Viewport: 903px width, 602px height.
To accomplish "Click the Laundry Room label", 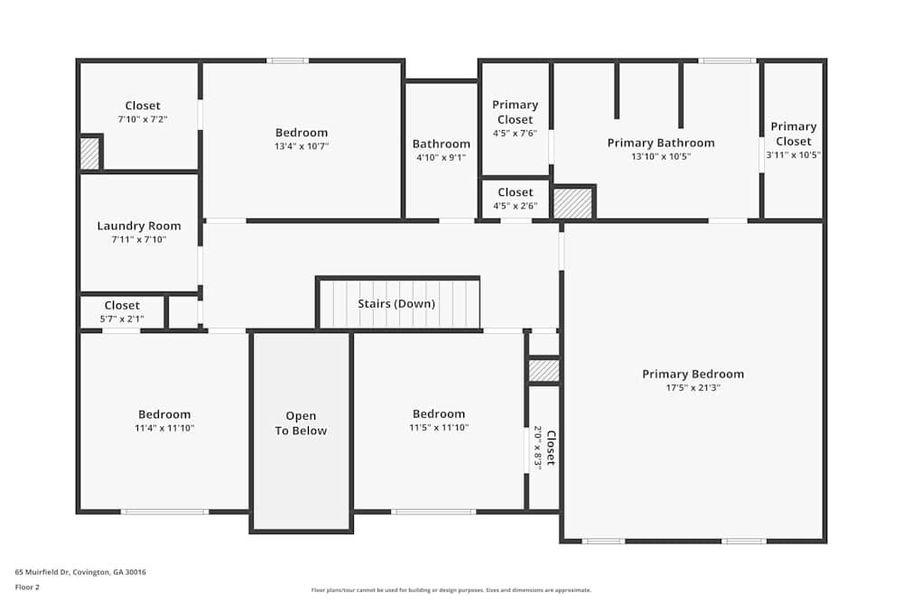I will pyautogui.click(x=139, y=226).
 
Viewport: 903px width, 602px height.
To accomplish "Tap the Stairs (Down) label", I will pyautogui.click(x=396, y=303).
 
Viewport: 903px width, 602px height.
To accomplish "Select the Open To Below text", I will pyautogui.click(x=301, y=423).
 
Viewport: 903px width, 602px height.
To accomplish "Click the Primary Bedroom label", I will pyautogui.click(x=693, y=374).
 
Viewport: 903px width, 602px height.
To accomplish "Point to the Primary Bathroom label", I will pyautogui.click(x=660, y=143).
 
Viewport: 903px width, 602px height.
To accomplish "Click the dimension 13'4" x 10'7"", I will pyautogui.click(x=302, y=146).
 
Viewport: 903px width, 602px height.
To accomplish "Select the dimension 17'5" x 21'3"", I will pyautogui.click(x=693, y=388).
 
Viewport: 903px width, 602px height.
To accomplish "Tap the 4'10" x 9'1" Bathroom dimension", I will pyautogui.click(x=442, y=157).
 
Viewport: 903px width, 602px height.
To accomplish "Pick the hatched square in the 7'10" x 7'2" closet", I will pyautogui.click(x=89, y=153).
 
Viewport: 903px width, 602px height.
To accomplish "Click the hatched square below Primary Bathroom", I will pyautogui.click(x=573, y=203).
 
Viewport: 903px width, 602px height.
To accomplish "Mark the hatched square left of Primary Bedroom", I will pyautogui.click(x=544, y=370).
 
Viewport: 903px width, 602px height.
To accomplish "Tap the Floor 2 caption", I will pyautogui.click(x=27, y=587).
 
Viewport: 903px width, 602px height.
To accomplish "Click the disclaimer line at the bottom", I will pyautogui.click(x=451, y=590).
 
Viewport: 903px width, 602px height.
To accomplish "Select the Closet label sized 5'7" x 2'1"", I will pyautogui.click(x=122, y=305).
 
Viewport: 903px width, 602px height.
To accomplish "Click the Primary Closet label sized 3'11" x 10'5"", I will pyautogui.click(x=793, y=134).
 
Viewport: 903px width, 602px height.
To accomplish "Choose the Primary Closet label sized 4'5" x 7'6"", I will pyautogui.click(x=516, y=112).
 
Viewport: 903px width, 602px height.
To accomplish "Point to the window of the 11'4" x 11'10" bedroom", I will pyautogui.click(x=164, y=512).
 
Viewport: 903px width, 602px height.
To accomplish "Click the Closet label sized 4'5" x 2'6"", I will pyautogui.click(x=516, y=192).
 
